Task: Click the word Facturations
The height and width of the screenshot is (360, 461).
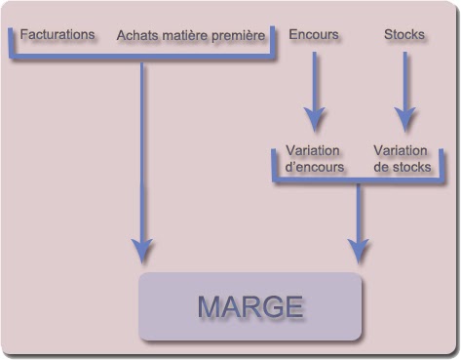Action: (x=58, y=34)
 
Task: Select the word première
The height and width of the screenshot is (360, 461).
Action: (x=239, y=36)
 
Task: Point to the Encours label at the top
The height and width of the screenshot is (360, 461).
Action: (x=314, y=34)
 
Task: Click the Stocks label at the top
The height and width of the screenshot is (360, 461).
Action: (x=404, y=34)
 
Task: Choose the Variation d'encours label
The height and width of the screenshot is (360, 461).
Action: (x=313, y=158)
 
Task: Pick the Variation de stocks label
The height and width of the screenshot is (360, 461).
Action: (x=402, y=158)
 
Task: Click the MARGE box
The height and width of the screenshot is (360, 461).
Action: (x=250, y=306)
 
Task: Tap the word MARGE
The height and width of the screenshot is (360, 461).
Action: (x=250, y=306)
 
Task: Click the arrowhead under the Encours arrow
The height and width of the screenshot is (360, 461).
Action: (x=314, y=120)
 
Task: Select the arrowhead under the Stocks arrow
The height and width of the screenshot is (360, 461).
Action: (x=405, y=120)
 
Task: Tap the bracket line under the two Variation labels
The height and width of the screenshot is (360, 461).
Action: (x=359, y=180)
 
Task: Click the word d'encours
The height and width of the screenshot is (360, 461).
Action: (x=313, y=167)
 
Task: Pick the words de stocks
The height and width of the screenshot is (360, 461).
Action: (x=402, y=167)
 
